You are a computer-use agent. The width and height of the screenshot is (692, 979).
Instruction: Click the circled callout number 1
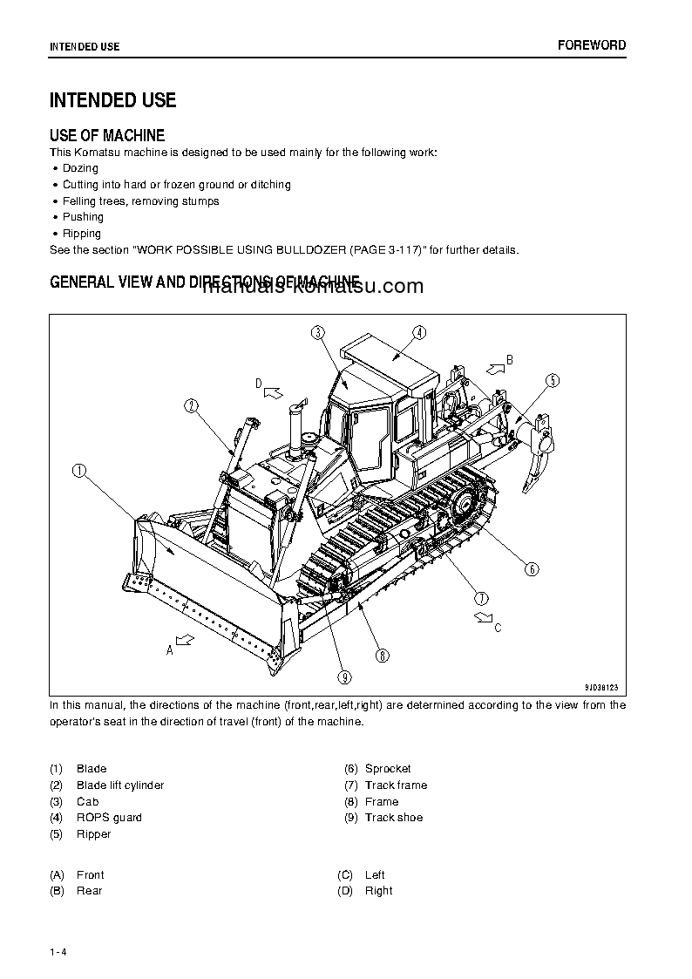pos(79,471)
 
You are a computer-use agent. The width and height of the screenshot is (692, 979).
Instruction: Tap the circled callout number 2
pos(192,405)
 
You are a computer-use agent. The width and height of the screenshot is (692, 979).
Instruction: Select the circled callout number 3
pos(317,331)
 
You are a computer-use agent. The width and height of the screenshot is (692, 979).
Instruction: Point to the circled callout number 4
pos(418,331)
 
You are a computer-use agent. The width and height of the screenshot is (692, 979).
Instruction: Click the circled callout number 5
pos(553,380)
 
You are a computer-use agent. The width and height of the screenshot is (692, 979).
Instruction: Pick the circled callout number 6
pos(532,569)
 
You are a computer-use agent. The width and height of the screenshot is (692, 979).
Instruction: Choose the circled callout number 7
pos(481,598)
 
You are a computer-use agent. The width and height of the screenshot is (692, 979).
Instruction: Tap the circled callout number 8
pos(383,656)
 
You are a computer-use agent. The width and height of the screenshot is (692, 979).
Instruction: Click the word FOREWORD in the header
pos(592,45)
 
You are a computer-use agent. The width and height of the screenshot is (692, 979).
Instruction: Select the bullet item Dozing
pos(80,168)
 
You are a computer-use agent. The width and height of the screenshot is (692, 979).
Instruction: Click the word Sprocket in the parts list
pos(388,768)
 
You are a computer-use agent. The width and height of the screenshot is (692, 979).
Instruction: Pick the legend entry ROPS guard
pos(109,817)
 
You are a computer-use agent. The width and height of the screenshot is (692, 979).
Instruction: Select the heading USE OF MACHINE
pos(107,135)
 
